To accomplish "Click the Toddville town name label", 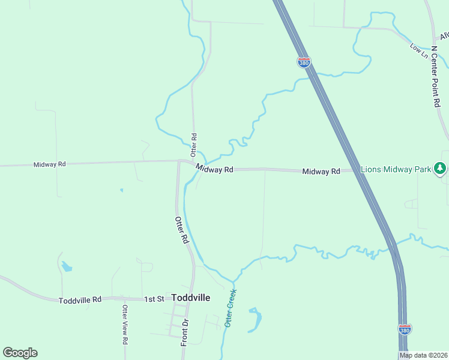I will pos(190,297).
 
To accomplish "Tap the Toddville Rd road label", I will pos(80,299).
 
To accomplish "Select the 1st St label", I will pos(154,299).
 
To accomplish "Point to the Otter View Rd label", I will pos(125,325).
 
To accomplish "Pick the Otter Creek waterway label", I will pos(231,308).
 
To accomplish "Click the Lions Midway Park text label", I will pos(396,170).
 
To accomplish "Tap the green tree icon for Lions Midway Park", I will pos(441,169).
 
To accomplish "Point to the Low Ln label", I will pos(419,51).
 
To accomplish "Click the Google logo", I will pos(20,352).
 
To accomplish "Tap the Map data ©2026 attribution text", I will pos(423,355).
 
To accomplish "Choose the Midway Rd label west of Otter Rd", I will pos(49,164).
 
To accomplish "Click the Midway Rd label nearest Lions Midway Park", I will pos(321,172).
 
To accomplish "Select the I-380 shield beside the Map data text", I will pos(405,329).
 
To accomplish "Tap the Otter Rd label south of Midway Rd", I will pos(182,230).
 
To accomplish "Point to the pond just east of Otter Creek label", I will pos(255,319).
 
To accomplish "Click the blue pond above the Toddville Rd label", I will pos(65,265).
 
